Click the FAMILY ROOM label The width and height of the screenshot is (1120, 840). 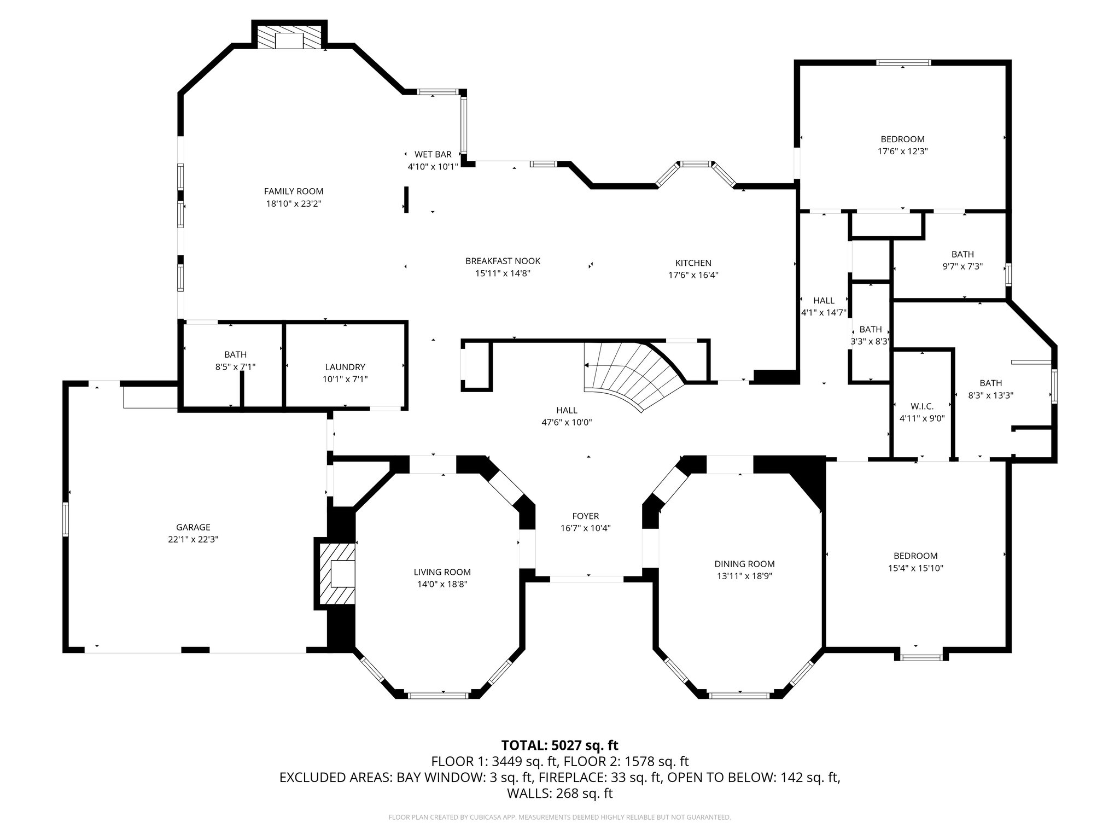click(x=294, y=191)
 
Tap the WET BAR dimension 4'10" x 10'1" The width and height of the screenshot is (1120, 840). click(x=433, y=166)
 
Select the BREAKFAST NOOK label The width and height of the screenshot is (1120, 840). click(x=503, y=261)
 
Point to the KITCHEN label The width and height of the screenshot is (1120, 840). click(x=693, y=263)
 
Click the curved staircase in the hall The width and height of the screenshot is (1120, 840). click(x=634, y=372)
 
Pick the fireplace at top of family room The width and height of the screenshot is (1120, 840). click(x=289, y=38)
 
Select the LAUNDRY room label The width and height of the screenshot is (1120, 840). click(x=345, y=367)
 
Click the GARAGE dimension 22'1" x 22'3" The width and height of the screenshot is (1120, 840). click(x=193, y=539)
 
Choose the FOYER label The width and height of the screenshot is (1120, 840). click(x=585, y=516)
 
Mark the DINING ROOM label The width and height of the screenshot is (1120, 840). click(x=744, y=564)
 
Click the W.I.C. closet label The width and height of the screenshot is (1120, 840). click(x=922, y=406)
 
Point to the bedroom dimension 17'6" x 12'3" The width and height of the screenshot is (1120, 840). click(x=902, y=151)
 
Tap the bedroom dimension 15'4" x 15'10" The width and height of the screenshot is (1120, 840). click(x=915, y=568)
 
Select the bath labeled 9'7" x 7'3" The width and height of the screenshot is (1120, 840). click(x=962, y=260)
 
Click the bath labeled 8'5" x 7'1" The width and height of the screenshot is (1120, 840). click(x=235, y=360)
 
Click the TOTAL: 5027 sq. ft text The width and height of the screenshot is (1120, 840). click(x=559, y=745)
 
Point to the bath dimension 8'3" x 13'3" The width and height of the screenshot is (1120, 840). click(x=991, y=395)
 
